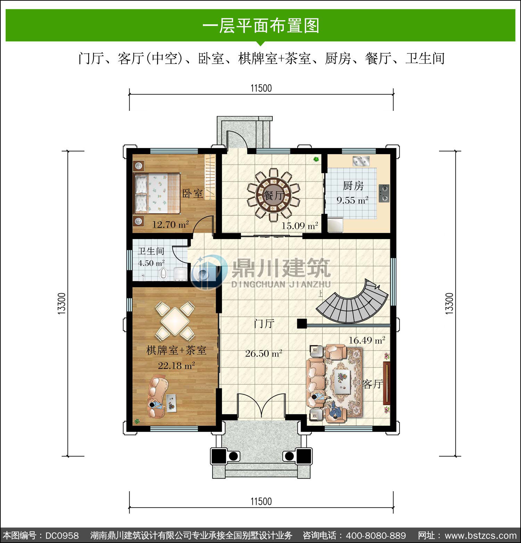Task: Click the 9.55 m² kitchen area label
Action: [x=352, y=200]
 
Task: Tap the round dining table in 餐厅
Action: [x=273, y=195]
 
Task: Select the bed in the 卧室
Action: [x=157, y=193]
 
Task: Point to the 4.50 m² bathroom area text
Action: [x=151, y=263]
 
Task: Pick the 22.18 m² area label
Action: [x=176, y=365]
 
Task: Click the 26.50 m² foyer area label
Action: [x=263, y=354]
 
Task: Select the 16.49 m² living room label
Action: [x=367, y=340]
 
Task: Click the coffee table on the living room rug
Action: [x=344, y=381]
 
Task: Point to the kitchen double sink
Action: [x=361, y=161]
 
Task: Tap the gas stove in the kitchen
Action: [x=384, y=193]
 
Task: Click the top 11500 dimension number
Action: [x=261, y=88]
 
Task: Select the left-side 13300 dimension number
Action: [x=61, y=304]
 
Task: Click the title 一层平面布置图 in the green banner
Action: [x=261, y=25]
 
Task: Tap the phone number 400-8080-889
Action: [x=376, y=535]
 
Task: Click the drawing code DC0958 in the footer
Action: [x=62, y=535]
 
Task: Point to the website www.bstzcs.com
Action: [x=481, y=535]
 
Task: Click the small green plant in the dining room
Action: [x=316, y=159]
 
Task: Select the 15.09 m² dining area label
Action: [x=299, y=226]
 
